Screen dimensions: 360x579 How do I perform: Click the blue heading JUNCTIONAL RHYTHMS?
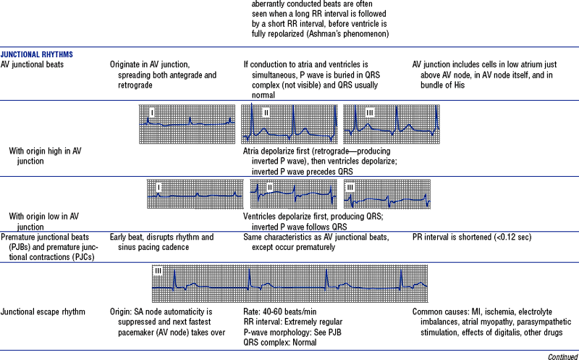pyautogui.click(x=37, y=54)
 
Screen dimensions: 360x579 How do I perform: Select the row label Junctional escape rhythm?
pyautogui.click(x=43, y=312)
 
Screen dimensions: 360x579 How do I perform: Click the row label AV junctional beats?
pyautogui.click(x=32, y=64)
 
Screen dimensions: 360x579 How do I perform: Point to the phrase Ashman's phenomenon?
pyautogui.click(x=352, y=35)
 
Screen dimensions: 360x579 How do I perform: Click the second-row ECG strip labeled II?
pyautogui.click(x=293, y=196)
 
